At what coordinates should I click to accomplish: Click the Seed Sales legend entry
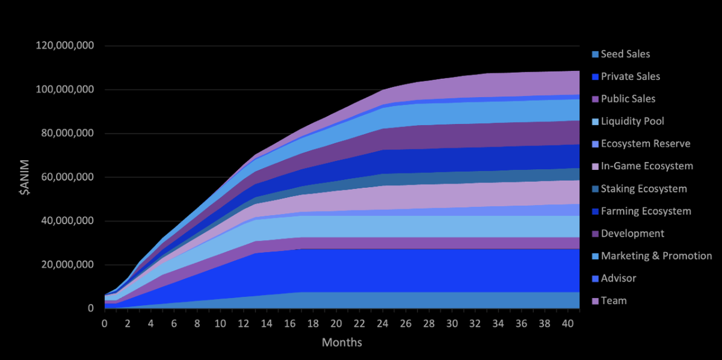click(x=625, y=54)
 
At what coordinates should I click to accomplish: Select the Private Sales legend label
click(x=630, y=76)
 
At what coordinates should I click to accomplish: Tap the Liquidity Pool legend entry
click(x=632, y=122)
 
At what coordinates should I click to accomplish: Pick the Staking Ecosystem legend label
click(x=644, y=189)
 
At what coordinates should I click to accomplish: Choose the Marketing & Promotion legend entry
click(x=656, y=256)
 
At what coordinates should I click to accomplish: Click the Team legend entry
click(x=614, y=300)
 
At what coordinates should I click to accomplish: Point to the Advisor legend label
click(x=618, y=278)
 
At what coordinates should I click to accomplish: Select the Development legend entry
click(x=632, y=234)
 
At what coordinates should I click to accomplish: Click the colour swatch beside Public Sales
click(x=595, y=99)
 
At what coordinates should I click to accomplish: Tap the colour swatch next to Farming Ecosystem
click(x=595, y=211)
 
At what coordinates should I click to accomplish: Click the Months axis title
click(x=342, y=343)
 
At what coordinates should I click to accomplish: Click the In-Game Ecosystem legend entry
click(x=647, y=166)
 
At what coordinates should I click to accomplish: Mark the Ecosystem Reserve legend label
click(x=646, y=144)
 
